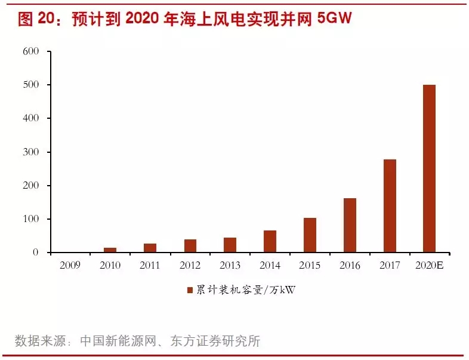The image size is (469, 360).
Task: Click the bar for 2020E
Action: click(429, 168)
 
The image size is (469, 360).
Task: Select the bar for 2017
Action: click(390, 206)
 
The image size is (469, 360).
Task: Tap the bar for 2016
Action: click(350, 225)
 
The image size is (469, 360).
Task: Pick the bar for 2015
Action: click(310, 235)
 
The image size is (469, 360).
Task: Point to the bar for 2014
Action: click(270, 241)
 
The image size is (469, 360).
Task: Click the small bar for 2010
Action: click(110, 250)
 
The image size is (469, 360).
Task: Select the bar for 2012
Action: click(190, 245)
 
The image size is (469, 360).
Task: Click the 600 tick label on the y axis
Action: click(30, 51)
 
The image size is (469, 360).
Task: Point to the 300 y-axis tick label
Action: click(30, 152)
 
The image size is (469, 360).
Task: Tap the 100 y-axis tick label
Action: click(30, 219)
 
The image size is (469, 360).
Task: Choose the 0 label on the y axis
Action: click(35, 253)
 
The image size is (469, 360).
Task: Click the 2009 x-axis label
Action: click(70, 265)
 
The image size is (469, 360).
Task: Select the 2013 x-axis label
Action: click(230, 265)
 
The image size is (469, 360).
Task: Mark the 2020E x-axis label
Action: click(429, 265)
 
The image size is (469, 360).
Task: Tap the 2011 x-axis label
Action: click(150, 265)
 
